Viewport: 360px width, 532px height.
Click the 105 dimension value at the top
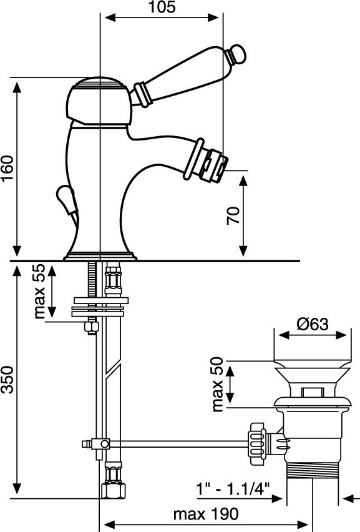[162, 7]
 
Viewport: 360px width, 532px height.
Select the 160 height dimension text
[7, 168]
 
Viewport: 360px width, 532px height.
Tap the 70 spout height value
[233, 215]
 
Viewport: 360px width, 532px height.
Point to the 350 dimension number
[7, 380]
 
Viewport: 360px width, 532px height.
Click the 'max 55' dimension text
[39, 291]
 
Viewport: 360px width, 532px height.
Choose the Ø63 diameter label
[313, 324]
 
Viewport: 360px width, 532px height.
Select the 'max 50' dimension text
[217, 384]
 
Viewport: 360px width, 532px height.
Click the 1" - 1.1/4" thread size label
[233, 489]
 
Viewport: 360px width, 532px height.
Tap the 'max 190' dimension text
[206, 515]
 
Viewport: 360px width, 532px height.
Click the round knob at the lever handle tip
[236, 54]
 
